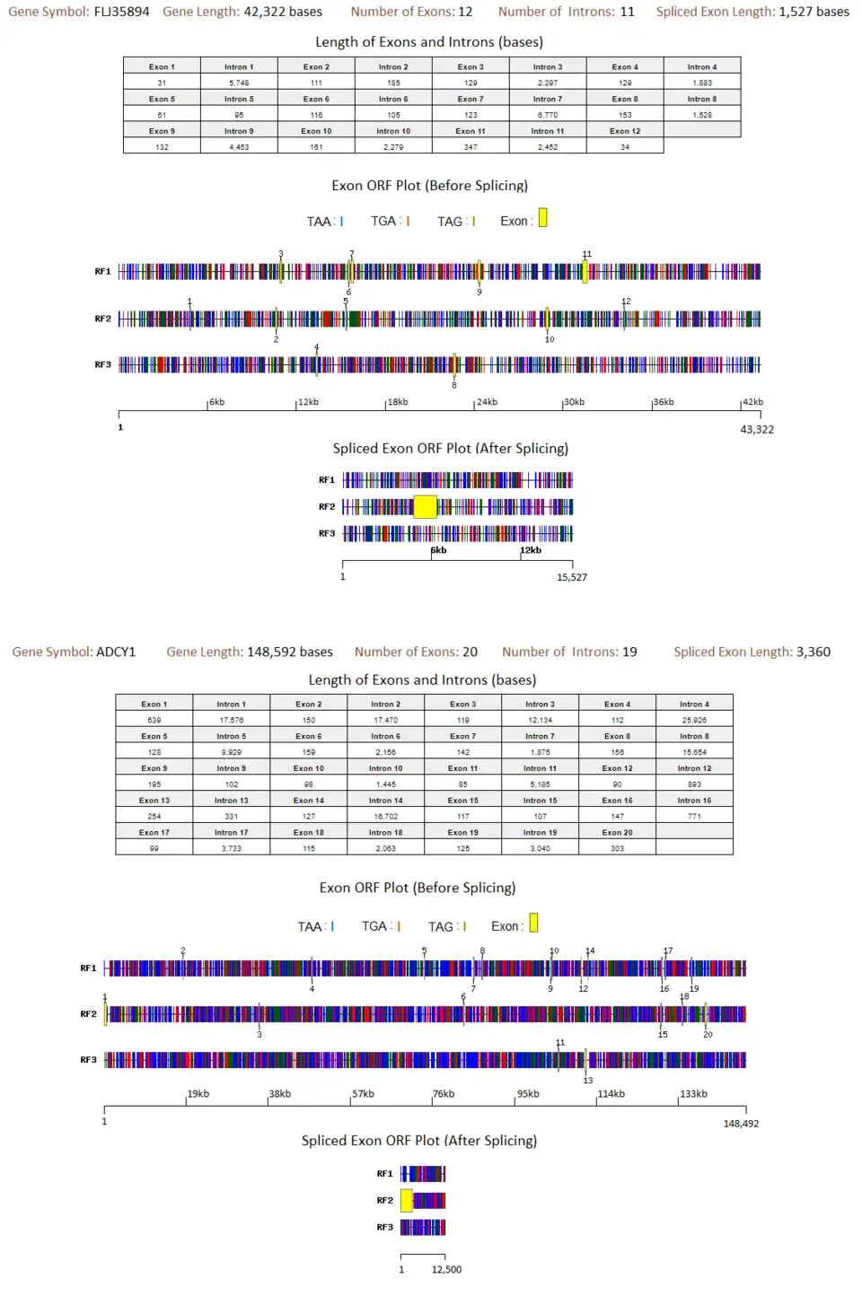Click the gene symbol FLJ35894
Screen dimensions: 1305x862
[121, 12]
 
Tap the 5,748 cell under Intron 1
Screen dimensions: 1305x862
[239, 83]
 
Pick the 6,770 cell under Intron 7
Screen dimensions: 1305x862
[548, 115]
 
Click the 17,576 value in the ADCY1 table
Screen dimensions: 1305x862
[231, 720]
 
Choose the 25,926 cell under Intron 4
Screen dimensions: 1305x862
[694, 720]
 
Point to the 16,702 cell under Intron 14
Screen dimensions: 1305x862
[386, 816]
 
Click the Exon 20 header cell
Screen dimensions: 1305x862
[617, 832]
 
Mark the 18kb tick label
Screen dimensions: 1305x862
[397, 402]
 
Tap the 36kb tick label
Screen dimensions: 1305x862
[664, 402]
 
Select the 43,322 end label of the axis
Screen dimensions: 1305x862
[757, 429]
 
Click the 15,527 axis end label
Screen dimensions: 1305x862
[572, 577]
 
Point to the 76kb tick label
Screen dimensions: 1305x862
[444, 1094]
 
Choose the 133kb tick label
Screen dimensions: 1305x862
[693, 1094]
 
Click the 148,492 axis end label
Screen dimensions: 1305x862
[741, 1124]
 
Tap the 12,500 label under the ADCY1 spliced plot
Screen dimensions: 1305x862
[446, 1269]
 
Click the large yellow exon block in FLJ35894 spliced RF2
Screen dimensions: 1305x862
[425, 507]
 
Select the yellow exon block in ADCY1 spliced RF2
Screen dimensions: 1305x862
[407, 1200]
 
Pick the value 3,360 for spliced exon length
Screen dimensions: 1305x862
[813, 652]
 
